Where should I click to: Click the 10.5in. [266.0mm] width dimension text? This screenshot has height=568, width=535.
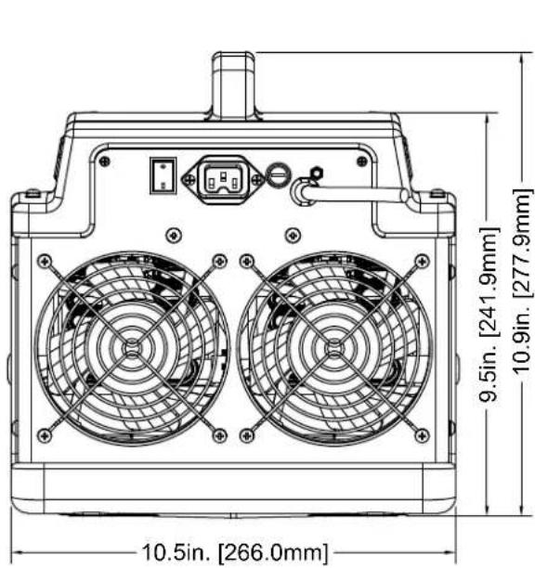[235, 552]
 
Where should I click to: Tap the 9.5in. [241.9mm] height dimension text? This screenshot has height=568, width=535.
[489, 314]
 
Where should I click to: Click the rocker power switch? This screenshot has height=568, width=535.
[163, 175]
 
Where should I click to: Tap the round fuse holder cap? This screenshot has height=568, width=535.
[279, 174]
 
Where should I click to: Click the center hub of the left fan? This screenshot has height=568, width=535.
[132, 348]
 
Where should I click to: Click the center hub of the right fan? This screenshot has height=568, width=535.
[334, 348]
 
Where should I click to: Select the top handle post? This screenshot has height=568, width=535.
[234, 85]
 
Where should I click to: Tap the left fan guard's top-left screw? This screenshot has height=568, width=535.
[45, 261]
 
